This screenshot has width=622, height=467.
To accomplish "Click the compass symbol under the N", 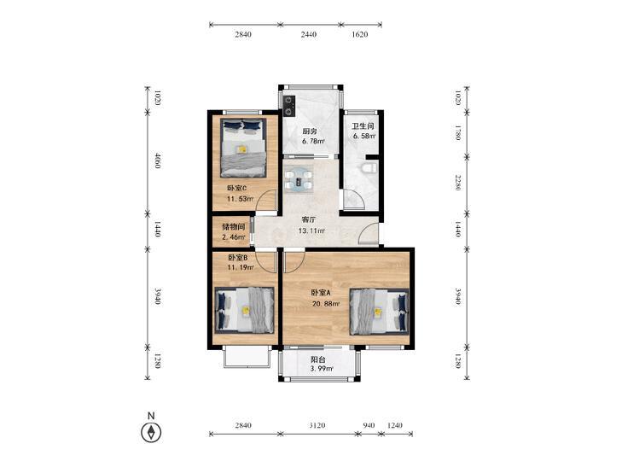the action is tap(151, 432).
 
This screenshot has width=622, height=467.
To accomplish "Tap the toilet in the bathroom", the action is tap(369, 167).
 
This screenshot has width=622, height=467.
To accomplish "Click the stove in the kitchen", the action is tap(288, 106).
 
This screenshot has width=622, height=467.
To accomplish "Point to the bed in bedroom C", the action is tap(243, 147).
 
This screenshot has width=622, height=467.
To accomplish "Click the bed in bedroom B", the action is tap(244, 310).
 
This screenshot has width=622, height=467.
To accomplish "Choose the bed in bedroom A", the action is tap(379, 312).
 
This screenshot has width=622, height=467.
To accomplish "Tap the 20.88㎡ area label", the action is tap(326, 304).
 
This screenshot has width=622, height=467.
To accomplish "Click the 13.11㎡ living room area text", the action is tap(311, 231).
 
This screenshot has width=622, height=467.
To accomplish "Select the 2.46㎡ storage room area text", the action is tap(234, 237).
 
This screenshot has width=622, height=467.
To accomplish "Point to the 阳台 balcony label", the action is tap(318, 359).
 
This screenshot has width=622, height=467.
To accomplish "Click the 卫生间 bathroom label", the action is tap(363, 126).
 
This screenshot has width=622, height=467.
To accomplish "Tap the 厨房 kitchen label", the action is tap(310, 131).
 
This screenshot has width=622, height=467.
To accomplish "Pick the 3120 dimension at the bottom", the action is tap(317, 425).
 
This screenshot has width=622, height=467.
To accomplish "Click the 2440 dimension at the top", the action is tap(309, 34).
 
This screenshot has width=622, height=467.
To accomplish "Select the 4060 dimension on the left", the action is tap(157, 161).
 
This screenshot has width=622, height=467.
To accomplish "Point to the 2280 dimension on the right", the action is tap(458, 182).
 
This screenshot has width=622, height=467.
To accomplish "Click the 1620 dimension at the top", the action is tap(360, 34).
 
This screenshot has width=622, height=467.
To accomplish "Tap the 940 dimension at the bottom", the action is tap(369, 425).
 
